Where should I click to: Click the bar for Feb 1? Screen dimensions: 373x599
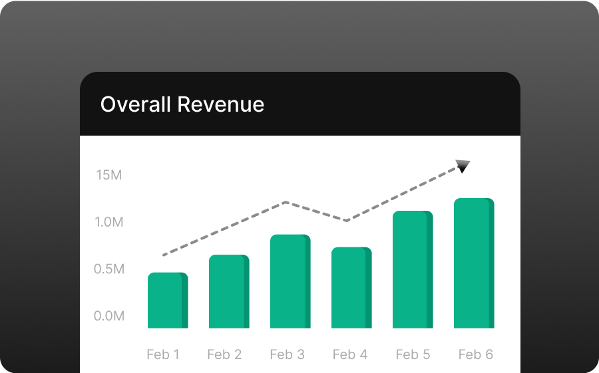(x=168, y=301)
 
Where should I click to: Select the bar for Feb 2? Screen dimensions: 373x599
(x=229, y=291)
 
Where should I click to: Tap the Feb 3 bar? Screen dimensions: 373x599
(x=290, y=281)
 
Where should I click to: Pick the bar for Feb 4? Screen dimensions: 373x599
(x=351, y=287)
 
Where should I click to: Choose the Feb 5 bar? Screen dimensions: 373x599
(x=413, y=269)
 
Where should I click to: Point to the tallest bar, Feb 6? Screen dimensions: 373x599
(x=474, y=263)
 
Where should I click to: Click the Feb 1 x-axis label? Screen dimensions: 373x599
(x=163, y=354)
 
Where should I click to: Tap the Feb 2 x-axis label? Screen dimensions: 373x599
(x=224, y=354)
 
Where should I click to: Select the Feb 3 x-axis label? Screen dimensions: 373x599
(x=287, y=354)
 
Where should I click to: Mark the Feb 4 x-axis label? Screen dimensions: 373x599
(x=350, y=354)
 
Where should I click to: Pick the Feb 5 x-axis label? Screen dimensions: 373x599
(x=413, y=354)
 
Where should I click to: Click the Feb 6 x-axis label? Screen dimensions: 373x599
(x=475, y=354)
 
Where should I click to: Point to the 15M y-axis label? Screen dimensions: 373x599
(x=108, y=176)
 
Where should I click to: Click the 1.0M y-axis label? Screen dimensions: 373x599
(x=109, y=222)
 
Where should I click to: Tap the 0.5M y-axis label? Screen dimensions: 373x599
(x=109, y=269)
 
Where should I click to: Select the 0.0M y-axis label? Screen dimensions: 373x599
(x=109, y=316)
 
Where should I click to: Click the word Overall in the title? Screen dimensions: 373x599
(x=135, y=104)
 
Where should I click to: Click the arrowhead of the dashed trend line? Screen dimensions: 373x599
(x=463, y=166)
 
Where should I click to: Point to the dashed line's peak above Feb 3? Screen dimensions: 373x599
(x=286, y=201)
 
